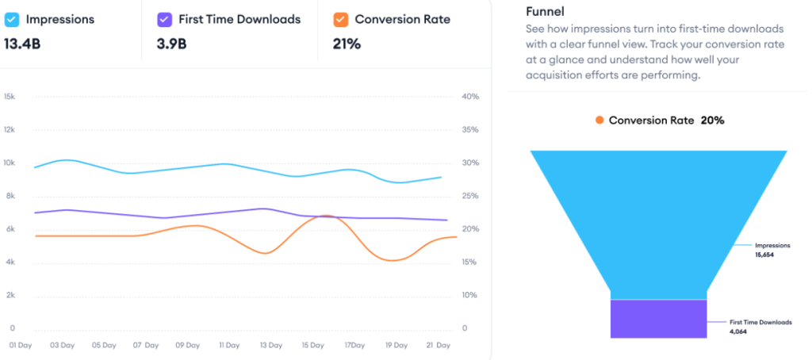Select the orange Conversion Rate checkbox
point(340,19)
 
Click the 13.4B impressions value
point(22,44)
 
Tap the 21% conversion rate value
point(347,44)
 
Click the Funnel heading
point(545,12)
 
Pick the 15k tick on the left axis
point(10,97)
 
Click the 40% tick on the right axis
point(469,97)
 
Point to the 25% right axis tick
point(469,196)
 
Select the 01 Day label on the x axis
point(21,346)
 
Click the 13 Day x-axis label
point(271,346)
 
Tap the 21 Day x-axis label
point(438,346)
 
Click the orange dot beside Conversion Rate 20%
point(599,121)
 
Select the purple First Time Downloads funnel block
point(657,319)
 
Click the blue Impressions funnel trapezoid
point(657,214)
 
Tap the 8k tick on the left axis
point(10,196)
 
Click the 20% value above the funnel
point(712,121)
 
